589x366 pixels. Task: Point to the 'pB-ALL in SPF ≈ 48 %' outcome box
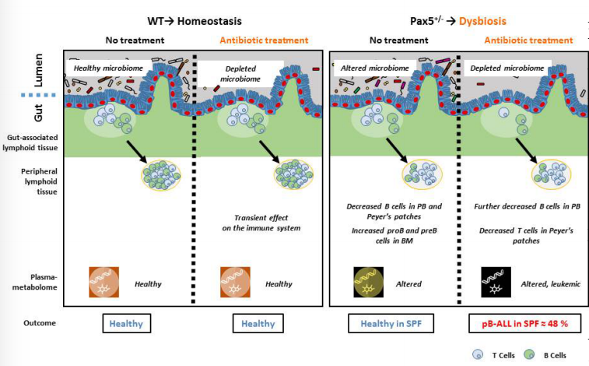tap(521, 323)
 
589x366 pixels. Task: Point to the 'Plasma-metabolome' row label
tap(30, 283)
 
